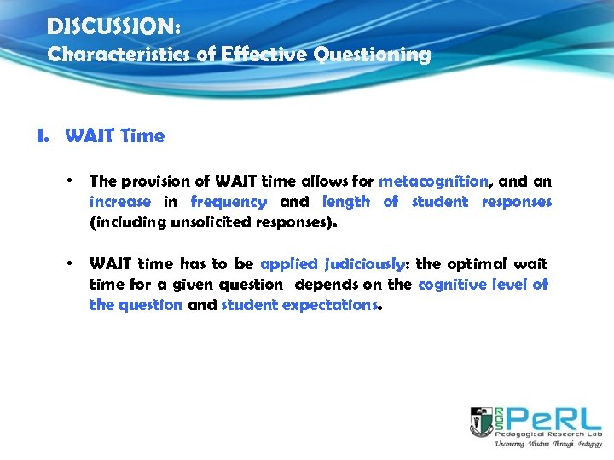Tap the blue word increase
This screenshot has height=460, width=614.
(x=119, y=202)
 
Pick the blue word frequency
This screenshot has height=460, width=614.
(x=229, y=202)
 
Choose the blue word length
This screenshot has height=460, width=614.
(x=346, y=202)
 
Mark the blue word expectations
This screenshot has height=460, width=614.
(x=333, y=305)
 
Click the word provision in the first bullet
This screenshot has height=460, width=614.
(x=150, y=181)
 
